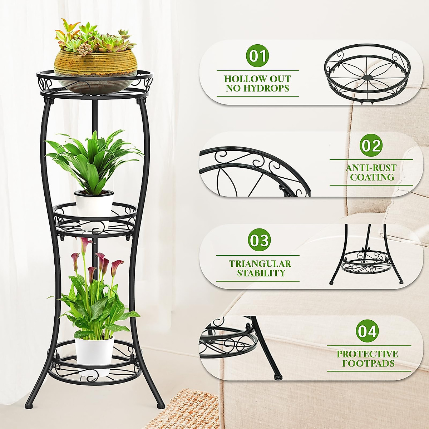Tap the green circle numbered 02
coord(371,146)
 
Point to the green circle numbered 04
coord(368,331)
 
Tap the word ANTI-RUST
coord(371,168)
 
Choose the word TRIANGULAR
coord(260,264)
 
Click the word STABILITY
coord(261,273)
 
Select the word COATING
coord(372,177)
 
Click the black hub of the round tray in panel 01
coord(367,77)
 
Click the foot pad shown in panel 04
coord(276,376)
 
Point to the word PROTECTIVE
coord(367,354)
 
